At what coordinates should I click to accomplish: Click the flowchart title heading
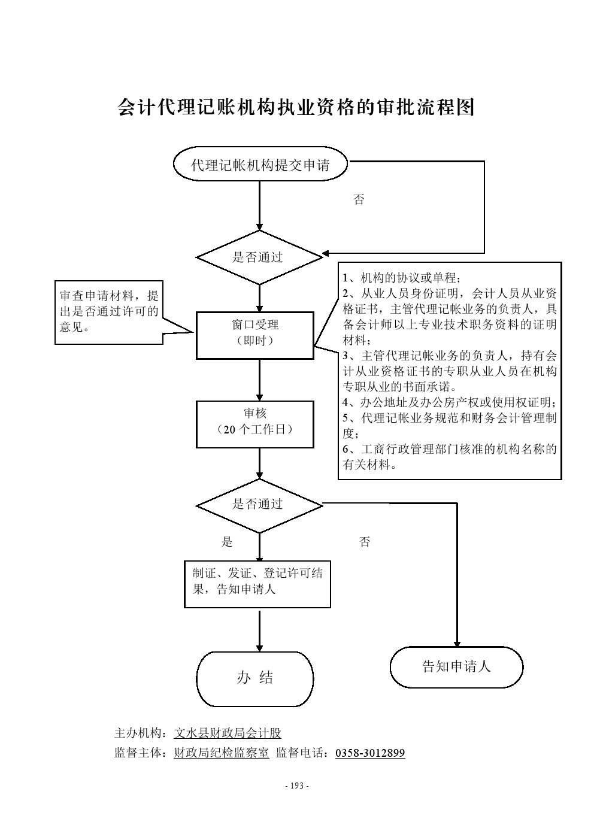tap(296, 107)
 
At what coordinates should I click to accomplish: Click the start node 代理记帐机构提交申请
tap(260, 165)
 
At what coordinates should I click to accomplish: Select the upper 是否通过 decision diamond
tap(259, 257)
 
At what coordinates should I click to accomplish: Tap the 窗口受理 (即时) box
tap(255, 335)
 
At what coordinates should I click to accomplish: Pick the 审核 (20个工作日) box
tap(255, 424)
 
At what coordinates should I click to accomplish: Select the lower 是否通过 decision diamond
tap(259, 505)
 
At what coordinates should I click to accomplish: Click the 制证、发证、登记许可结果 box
tap(257, 583)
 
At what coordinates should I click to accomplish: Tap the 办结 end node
tap(255, 678)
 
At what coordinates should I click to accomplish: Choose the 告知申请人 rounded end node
tap(456, 666)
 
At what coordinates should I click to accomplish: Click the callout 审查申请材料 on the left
tap(109, 312)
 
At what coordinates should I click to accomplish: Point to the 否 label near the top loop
tap(359, 200)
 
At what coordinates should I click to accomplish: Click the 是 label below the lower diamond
tap(227, 542)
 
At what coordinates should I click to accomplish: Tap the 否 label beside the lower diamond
tap(365, 542)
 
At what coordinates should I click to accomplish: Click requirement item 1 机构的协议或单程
tap(401, 278)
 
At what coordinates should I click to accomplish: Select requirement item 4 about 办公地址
tap(449, 402)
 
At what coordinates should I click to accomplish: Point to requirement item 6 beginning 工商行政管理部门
tap(449, 456)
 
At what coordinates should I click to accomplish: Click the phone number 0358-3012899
tap(370, 753)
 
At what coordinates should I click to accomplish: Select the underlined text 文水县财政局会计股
tap(228, 733)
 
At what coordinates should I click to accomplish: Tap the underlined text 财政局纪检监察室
tap(222, 753)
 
